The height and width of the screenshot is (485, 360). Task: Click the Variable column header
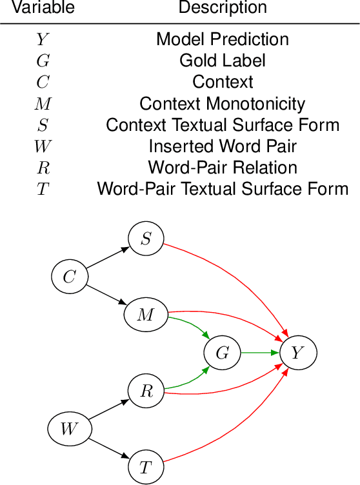click(44, 8)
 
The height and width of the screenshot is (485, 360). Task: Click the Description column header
click(223, 8)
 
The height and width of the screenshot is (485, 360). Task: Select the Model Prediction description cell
click(223, 39)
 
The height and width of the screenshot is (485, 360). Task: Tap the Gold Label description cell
click(223, 61)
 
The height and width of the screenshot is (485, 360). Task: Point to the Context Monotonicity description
click(223, 103)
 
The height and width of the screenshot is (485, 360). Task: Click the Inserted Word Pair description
click(223, 146)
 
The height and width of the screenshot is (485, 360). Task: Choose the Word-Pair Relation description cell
click(223, 168)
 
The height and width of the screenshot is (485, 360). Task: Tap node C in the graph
click(69, 277)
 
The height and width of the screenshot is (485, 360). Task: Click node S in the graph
click(146, 239)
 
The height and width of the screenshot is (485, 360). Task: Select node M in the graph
click(146, 315)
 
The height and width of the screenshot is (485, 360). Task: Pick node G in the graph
click(222, 353)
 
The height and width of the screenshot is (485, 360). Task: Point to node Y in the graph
click(297, 353)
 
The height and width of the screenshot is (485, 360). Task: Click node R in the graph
click(146, 391)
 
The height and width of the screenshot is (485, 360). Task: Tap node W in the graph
click(69, 429)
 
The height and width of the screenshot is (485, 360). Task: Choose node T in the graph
click(146, 467)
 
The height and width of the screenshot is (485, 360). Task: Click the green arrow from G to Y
click(259, 353)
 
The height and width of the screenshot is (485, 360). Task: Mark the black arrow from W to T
click(108, 448)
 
